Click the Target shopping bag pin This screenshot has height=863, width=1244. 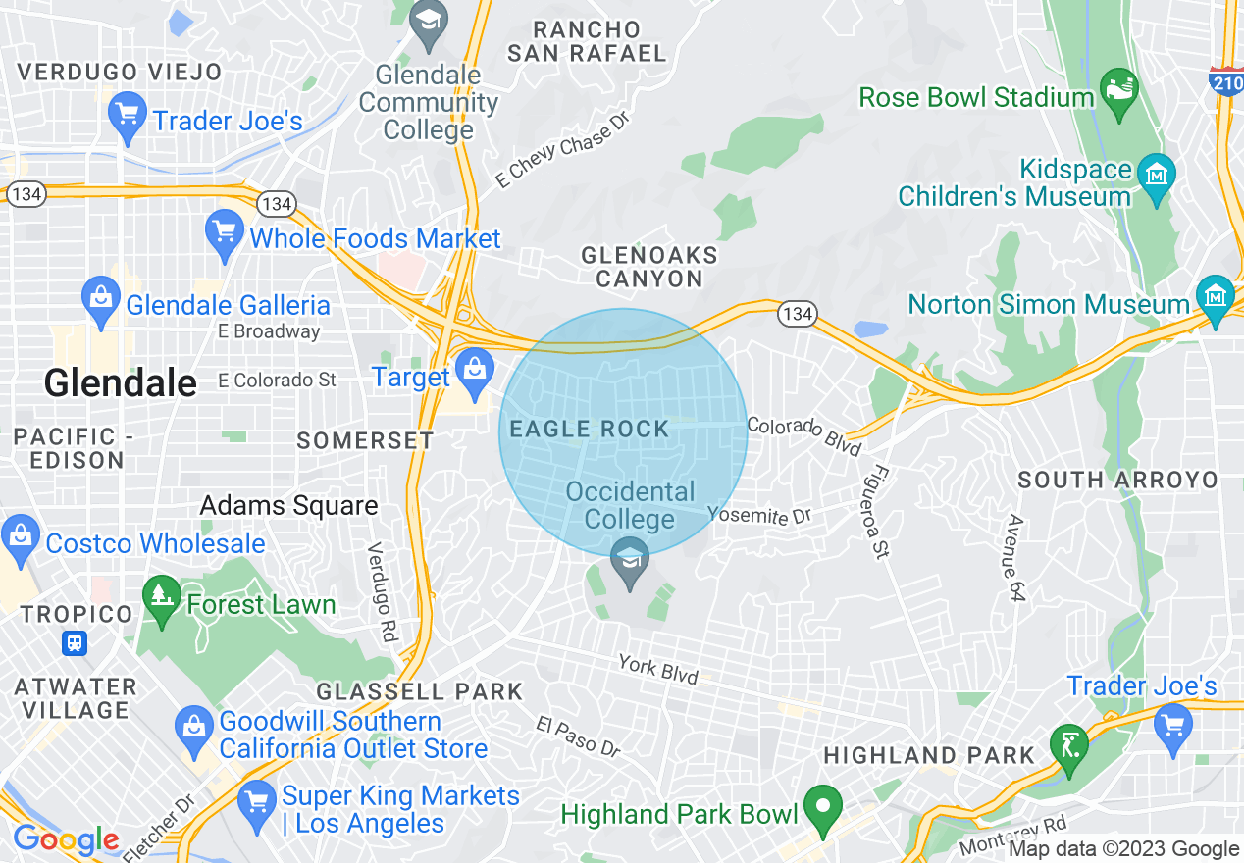click(474, 373)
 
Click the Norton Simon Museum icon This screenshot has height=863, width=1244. click(1216, 297)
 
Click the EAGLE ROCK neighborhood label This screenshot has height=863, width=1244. click(589, 429)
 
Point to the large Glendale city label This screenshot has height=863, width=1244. click(120, 382)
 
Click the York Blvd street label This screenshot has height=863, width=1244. click(658, 670)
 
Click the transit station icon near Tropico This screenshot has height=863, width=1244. click(75, 643)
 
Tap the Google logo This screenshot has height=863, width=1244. click(66, 839)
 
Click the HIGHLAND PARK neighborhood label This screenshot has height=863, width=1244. click(929, 755)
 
